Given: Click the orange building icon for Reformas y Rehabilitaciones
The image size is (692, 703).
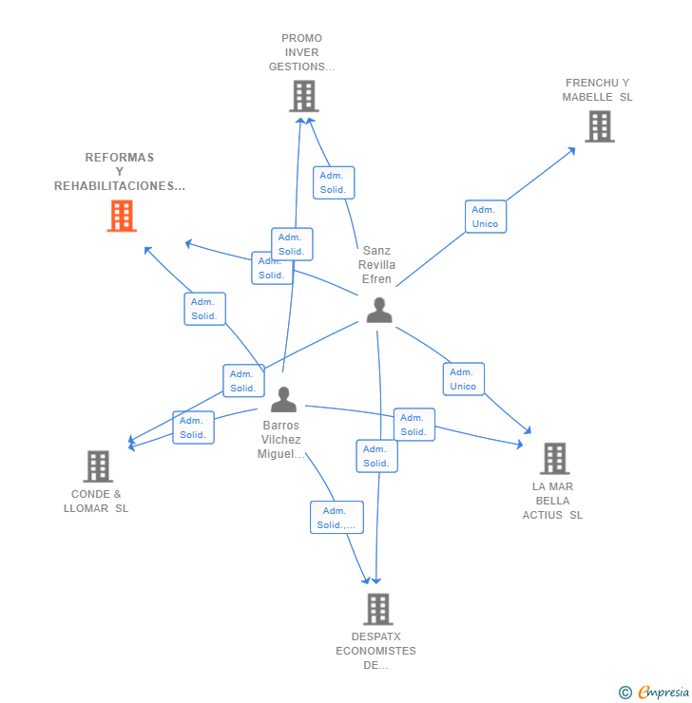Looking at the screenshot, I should click(121, 216).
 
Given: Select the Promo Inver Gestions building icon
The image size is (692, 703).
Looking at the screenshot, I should click(303, 96).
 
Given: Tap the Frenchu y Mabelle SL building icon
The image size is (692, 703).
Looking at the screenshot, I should click(599, 126).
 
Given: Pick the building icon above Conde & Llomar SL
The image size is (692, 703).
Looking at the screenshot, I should click(98, 466).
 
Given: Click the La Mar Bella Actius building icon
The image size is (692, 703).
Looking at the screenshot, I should click(554, 459).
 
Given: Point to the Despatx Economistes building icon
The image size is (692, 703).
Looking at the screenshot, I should click(377, 609).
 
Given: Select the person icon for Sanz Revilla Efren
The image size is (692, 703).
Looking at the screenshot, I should click(378, 310).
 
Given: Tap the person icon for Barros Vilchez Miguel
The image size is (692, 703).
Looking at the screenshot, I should click(283, 399).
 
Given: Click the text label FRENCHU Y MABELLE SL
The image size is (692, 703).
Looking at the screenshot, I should click(597, 90).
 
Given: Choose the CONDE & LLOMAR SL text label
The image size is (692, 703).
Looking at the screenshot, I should click(100, 502).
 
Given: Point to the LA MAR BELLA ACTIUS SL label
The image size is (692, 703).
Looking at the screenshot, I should click(552, 501).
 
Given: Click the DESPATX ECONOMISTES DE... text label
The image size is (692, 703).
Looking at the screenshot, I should click(375, 651).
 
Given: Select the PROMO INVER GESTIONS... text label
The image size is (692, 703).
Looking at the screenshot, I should click(301, 53).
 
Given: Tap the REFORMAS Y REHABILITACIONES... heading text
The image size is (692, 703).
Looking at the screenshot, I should click(120, 172).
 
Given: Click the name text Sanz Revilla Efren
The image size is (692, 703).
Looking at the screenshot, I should click(376, 265).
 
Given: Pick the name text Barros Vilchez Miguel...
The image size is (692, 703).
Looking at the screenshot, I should click(281, 440).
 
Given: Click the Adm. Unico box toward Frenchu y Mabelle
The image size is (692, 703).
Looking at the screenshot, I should click(485, 217).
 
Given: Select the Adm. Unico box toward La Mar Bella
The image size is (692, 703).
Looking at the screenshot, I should click(463, 379).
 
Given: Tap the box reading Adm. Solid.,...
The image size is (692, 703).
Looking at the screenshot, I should click(336, 518).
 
